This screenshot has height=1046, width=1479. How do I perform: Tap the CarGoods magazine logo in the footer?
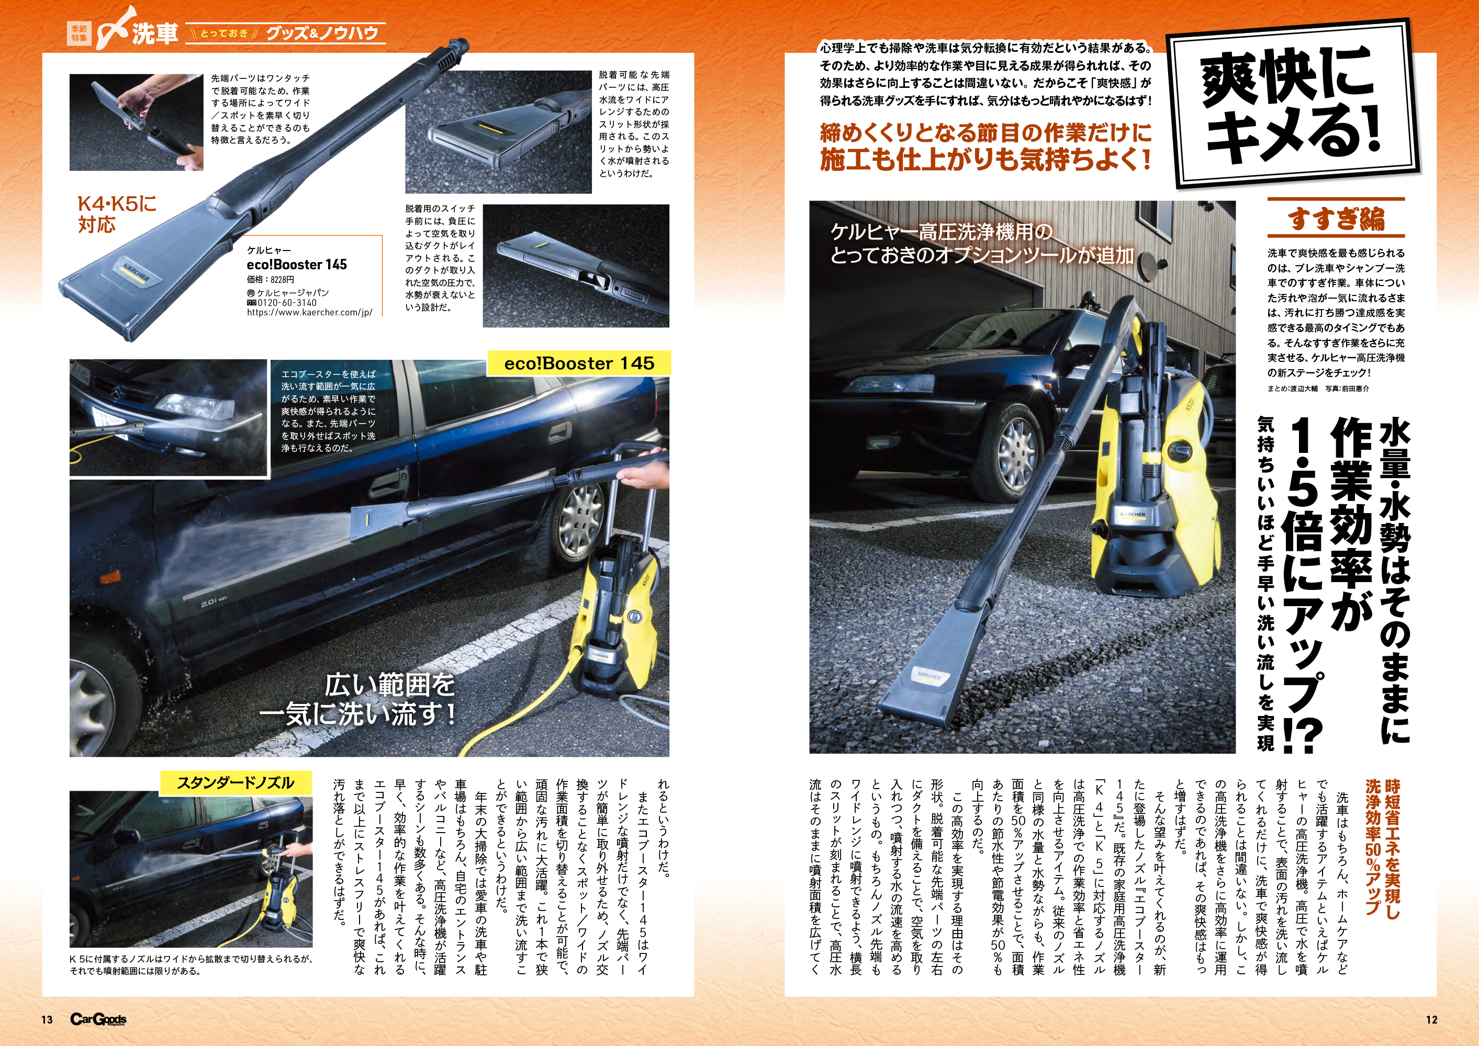[x=98, y=1019]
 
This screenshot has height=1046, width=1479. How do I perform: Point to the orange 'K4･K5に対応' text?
[x=117, y=214]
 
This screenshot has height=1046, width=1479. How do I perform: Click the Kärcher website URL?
[x=309, y=312]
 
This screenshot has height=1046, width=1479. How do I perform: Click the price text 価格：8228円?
[x=271, y=279]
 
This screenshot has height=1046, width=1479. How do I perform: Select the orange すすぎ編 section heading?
[x=1336, y=218]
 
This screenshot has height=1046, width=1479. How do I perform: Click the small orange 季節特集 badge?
[x=79, y=33]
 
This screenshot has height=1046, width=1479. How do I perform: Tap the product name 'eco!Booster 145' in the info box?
[x=296, y=265]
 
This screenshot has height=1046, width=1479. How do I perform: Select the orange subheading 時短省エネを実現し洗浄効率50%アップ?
[x=1382, y=846]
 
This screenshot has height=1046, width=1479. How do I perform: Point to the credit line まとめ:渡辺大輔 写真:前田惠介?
[x=1318, y=389]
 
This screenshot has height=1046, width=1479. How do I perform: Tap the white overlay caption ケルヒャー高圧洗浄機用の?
[x=941, y=232]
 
